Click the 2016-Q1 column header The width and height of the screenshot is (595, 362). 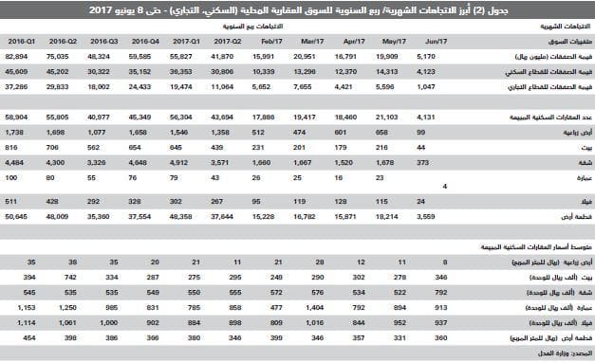(22, 43)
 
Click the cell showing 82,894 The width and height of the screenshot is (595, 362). (18, 58)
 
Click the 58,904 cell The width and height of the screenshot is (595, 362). (18, 113)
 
